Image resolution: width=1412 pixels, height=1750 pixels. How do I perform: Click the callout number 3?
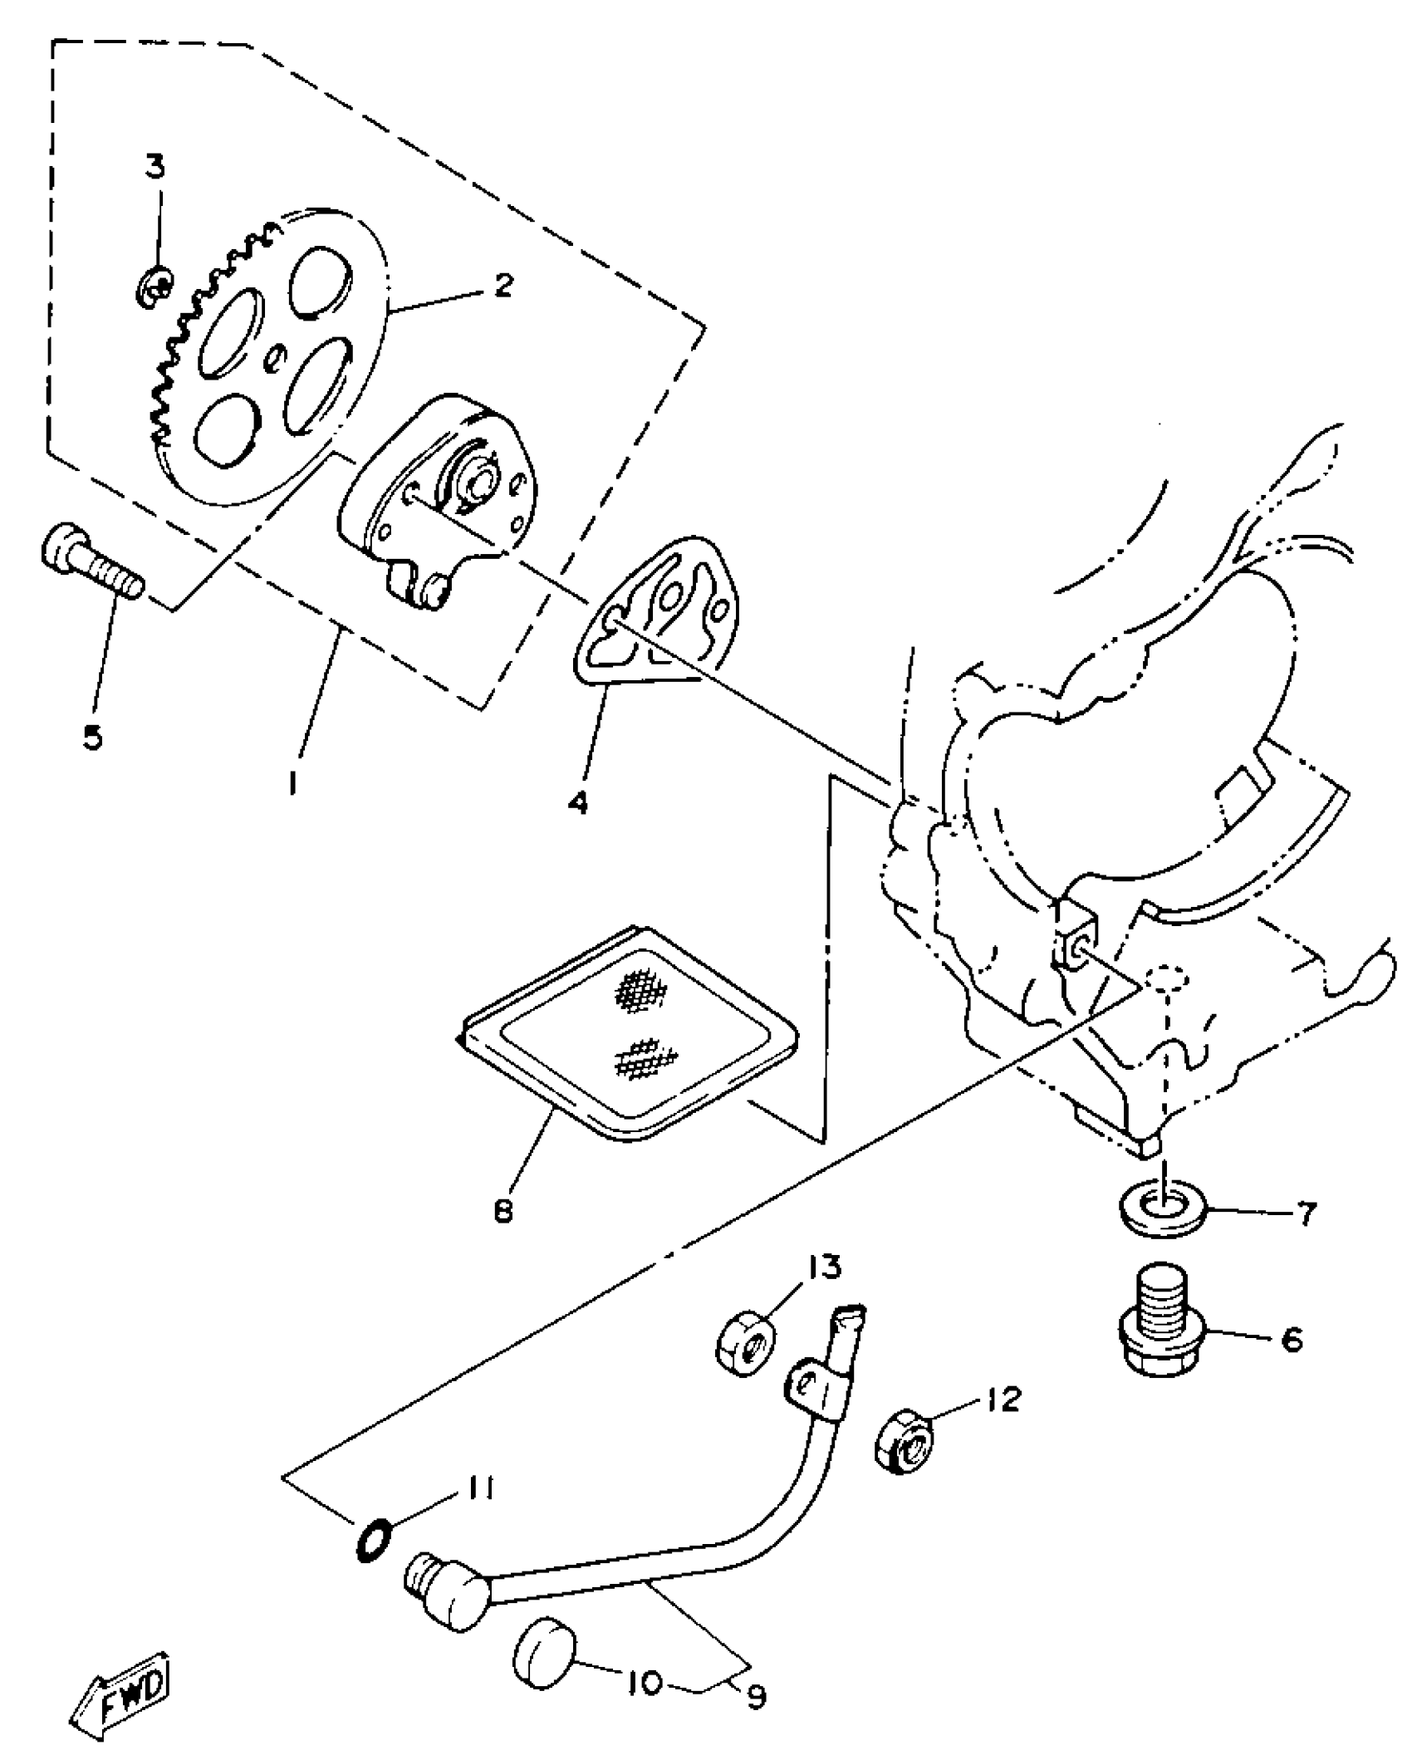[155, 167]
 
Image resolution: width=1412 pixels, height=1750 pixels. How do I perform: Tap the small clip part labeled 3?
[154, 289]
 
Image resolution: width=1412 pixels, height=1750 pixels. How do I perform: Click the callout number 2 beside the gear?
[503, 284]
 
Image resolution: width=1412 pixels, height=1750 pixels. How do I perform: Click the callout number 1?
[292, 781]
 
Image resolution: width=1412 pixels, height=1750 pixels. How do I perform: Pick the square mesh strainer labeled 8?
[630, 1028]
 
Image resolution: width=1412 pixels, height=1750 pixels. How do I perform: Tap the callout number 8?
[503, 1211]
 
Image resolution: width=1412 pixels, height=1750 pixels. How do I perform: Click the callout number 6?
[1292, 1338]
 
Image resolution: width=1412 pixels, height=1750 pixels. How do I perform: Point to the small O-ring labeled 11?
[371, 1535]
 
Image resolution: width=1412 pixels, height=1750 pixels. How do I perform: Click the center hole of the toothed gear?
[276, 359]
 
